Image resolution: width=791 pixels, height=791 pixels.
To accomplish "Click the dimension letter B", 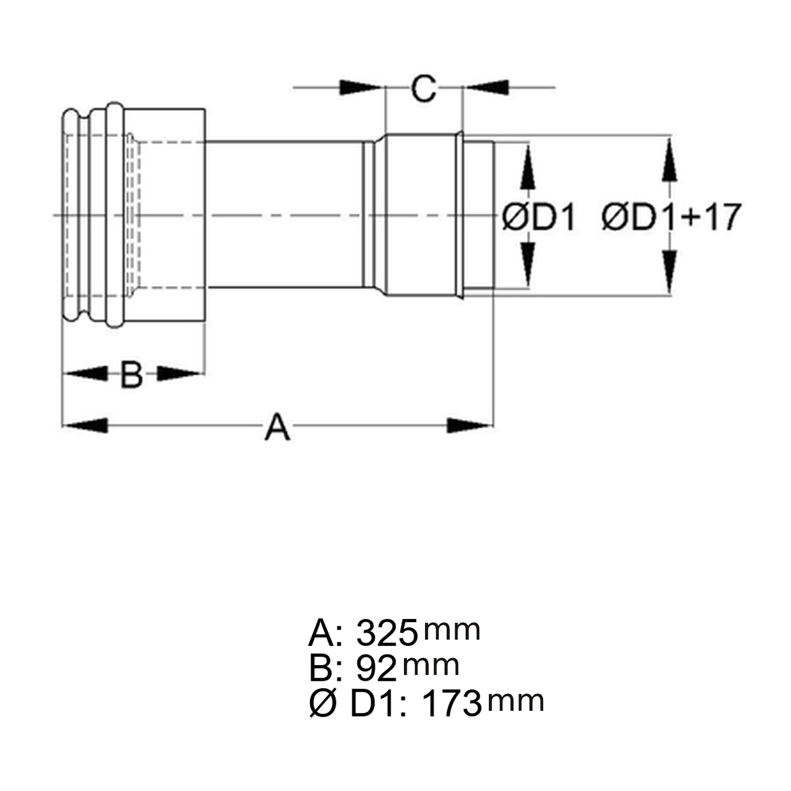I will tap(131, 374).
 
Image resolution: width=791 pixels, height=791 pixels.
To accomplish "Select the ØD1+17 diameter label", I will tap(671, 217).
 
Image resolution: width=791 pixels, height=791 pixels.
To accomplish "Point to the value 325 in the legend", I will tap(387, 633).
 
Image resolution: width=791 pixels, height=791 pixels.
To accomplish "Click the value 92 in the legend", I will tap(376, 668).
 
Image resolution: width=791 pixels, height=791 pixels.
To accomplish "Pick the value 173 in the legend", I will tap(452, 703).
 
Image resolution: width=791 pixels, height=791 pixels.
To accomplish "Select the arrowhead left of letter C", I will tap(361, 88).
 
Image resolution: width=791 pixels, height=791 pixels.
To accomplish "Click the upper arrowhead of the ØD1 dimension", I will tap(528, 168).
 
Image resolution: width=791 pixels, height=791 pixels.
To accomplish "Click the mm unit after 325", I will tap(452, 630).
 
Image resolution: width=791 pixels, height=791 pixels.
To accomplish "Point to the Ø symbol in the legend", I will tap(322, 703).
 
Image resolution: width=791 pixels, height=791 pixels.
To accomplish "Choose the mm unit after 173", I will tap(516, 701).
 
